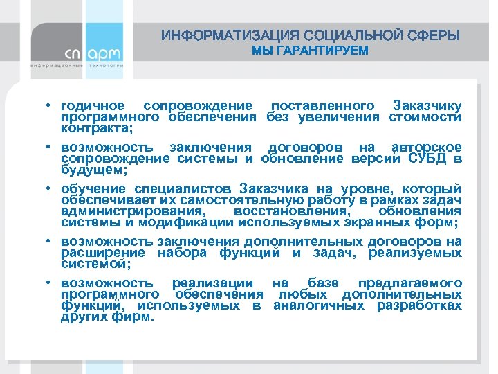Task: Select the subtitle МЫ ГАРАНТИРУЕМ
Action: (x=310, y=51)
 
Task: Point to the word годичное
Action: (x=93, y=106)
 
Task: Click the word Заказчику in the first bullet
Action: (x=427, y=106)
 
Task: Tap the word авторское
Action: (x=427, y=148)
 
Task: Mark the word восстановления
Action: (x=291, y=211)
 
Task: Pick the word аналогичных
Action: (x=321, y=305)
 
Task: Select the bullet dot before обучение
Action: (x=50, y=189)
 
